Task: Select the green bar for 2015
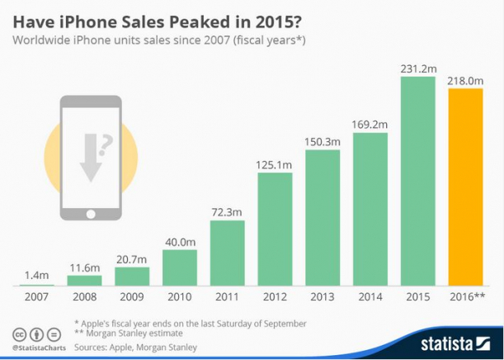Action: (x=417, y=181)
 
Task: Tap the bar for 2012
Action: (x=274, y=230)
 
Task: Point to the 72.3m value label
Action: (x=227, y=213)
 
